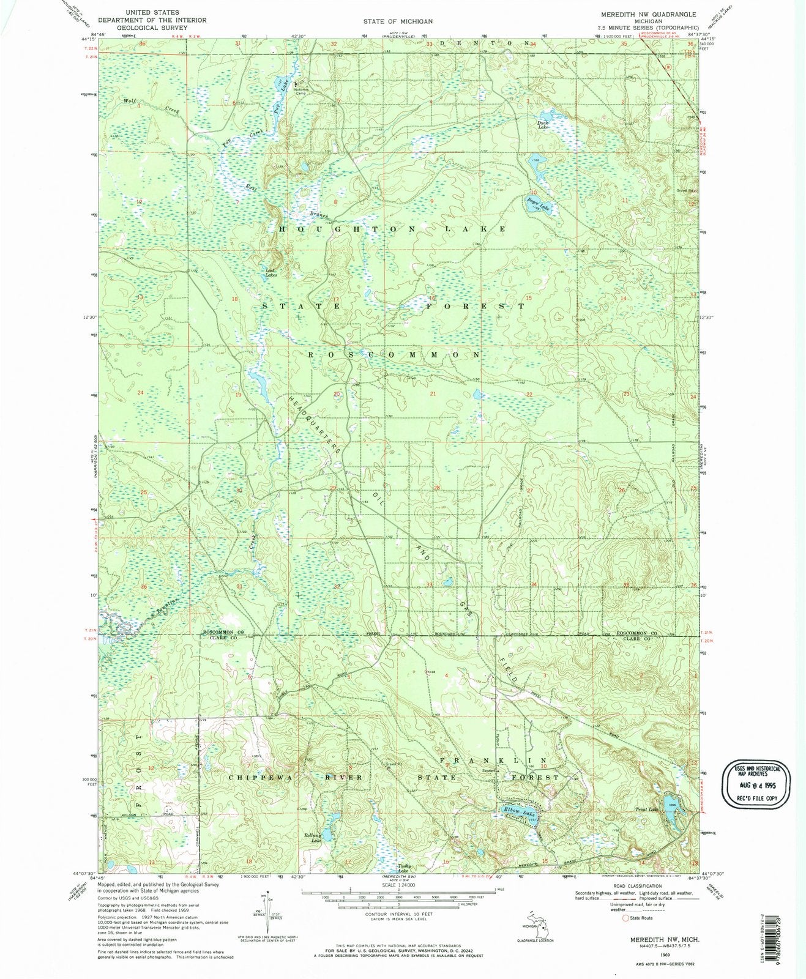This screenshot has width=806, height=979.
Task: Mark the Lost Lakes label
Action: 271,274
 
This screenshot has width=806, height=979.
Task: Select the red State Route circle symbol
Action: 625,918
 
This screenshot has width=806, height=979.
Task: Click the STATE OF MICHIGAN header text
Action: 398,21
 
